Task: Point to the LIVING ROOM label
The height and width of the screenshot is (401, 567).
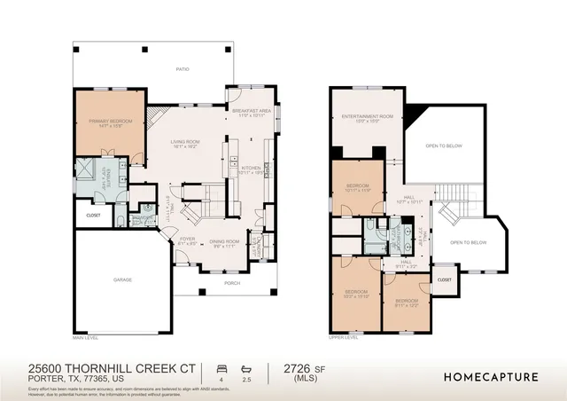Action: [185, 144]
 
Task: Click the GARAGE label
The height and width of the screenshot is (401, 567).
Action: [122, 280]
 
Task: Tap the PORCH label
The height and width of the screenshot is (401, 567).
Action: [232, 284]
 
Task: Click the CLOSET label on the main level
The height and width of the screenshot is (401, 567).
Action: [93, 215]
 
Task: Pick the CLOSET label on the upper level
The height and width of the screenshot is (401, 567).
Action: [444, 279]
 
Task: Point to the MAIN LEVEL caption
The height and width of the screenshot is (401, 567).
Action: [85, 338]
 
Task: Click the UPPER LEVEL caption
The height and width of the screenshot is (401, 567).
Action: [343, 338]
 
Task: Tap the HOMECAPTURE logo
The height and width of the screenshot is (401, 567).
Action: [492, 376]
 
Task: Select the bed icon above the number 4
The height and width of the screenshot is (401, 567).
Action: [221, 366]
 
